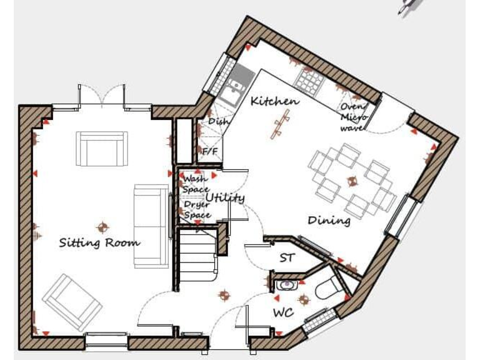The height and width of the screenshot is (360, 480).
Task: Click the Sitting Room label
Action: (99, 242)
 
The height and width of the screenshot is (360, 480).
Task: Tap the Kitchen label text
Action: (274, 101)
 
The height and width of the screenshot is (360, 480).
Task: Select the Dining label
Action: (329, 221)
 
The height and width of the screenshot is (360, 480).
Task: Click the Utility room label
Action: (225, 198)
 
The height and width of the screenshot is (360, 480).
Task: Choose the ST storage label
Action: (286, 257)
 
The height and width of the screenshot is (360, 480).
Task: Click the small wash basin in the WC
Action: (285, 286)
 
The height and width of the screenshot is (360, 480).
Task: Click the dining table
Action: (351, 179)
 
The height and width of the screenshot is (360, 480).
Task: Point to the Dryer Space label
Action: (196, 209)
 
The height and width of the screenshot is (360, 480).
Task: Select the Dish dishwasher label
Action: (218, 121)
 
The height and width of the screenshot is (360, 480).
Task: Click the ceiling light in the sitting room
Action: (102, 227)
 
